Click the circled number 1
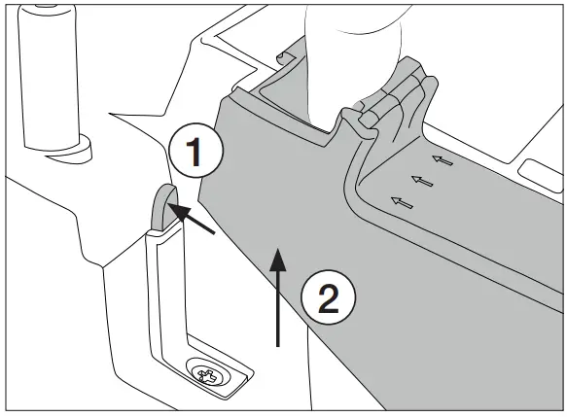[x=195, y=153]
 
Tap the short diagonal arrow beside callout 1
[x=195, y=219]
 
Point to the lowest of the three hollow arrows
[x=399, y=201]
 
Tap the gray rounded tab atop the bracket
[x=163, y=206]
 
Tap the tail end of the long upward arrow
[x=279, y=344]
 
